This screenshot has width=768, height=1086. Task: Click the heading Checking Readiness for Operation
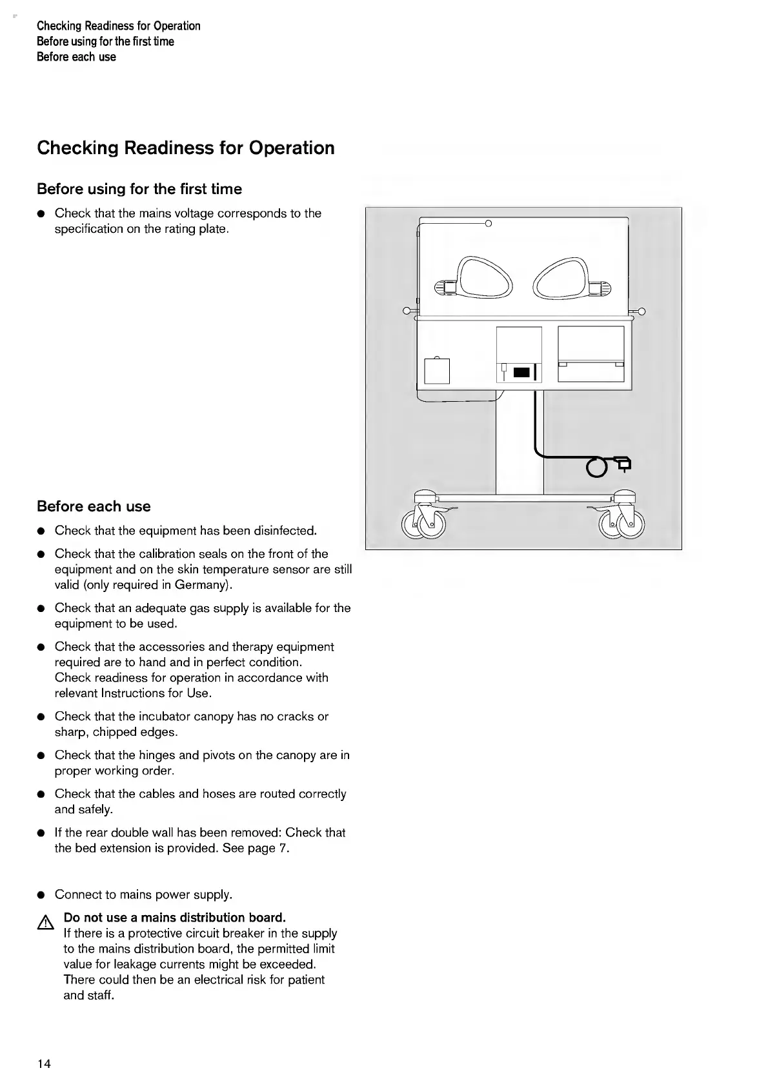186,148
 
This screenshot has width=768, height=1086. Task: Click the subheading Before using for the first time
139,190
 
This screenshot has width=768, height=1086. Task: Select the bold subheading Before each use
94,507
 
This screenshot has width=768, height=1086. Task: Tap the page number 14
44,1064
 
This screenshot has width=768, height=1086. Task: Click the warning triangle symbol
45,924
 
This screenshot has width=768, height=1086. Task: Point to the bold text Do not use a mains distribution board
174,918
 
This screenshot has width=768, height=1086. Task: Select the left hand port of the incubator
485,279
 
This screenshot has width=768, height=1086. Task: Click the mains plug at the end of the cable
623,462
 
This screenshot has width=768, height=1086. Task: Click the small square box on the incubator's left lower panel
437,371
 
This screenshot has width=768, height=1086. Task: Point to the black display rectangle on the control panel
521,372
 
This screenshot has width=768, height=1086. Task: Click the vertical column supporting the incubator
520,445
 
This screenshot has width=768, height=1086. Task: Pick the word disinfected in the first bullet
285,531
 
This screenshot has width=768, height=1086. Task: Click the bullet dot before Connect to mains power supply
41,895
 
